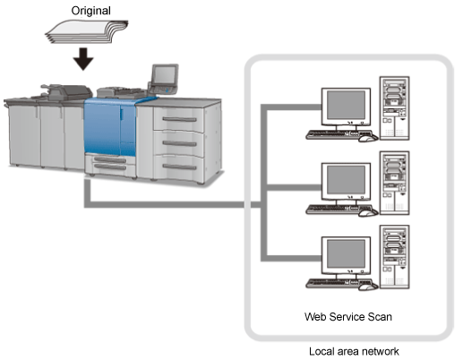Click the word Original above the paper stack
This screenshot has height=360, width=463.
coord(90,11)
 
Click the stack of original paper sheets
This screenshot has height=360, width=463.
coord(87,31)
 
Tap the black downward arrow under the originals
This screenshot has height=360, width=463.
coord(83,59)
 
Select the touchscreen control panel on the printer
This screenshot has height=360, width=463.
coord(165,74)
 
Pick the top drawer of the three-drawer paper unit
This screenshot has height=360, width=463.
coord(178,119)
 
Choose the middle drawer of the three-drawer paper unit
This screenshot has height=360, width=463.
coord(178,144)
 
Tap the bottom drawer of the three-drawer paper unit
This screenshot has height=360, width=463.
coord(178,168)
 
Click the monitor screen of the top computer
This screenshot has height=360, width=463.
coord(346,105)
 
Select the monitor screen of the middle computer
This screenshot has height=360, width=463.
coord(346,180)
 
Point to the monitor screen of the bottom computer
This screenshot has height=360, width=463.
coord(346,254)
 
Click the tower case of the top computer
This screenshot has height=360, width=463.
coord(394,108)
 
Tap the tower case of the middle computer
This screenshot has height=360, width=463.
coord(394,183)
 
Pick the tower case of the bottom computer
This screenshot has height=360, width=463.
coord(394,257)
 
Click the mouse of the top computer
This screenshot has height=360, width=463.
coord(368,138)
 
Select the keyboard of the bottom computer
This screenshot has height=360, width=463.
coord(339,283)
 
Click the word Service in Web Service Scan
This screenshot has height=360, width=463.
coord(347,317)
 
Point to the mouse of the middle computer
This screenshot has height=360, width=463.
coord(368,213)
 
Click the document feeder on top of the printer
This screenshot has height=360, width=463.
coord(66,92)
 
